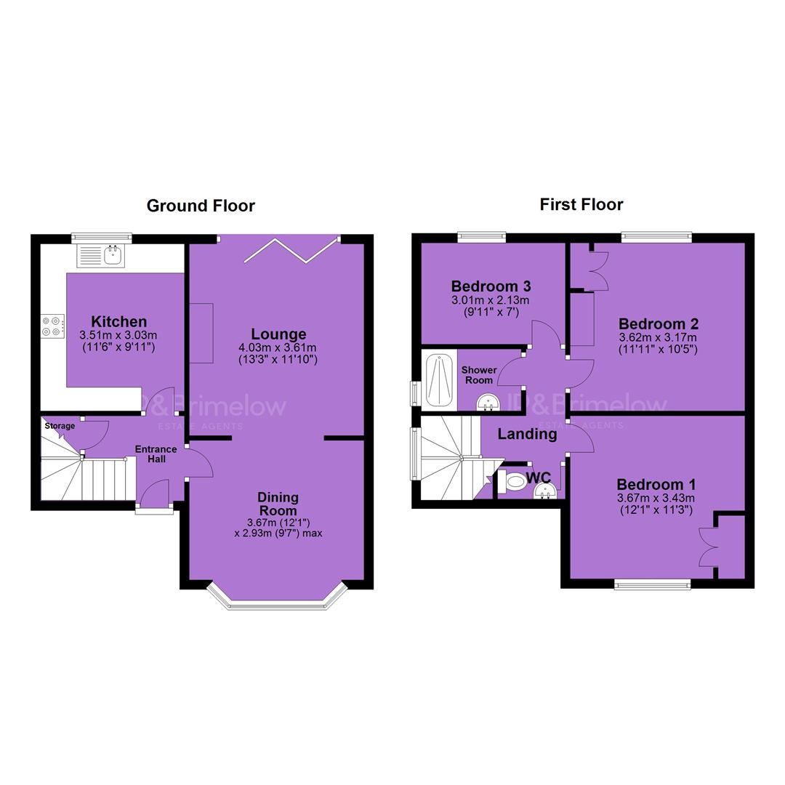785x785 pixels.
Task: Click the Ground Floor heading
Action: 201,206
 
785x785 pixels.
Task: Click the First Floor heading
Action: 581,204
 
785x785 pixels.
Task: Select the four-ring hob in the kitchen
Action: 53,326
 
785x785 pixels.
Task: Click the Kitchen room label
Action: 119,321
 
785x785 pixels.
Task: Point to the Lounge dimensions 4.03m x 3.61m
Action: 278,347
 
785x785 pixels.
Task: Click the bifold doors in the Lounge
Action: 291,250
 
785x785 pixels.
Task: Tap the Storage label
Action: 60,426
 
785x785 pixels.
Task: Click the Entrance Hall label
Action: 156,454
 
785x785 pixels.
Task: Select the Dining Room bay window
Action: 278,597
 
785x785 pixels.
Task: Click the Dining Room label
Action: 278,504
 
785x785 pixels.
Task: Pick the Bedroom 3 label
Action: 491,286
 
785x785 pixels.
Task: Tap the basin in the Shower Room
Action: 488,401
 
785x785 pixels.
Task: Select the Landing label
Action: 527,434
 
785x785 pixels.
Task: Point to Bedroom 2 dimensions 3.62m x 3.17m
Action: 658,337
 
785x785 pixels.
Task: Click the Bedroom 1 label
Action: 656,485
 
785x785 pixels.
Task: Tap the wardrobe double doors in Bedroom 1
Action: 709,546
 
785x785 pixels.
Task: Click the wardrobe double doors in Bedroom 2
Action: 599,271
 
